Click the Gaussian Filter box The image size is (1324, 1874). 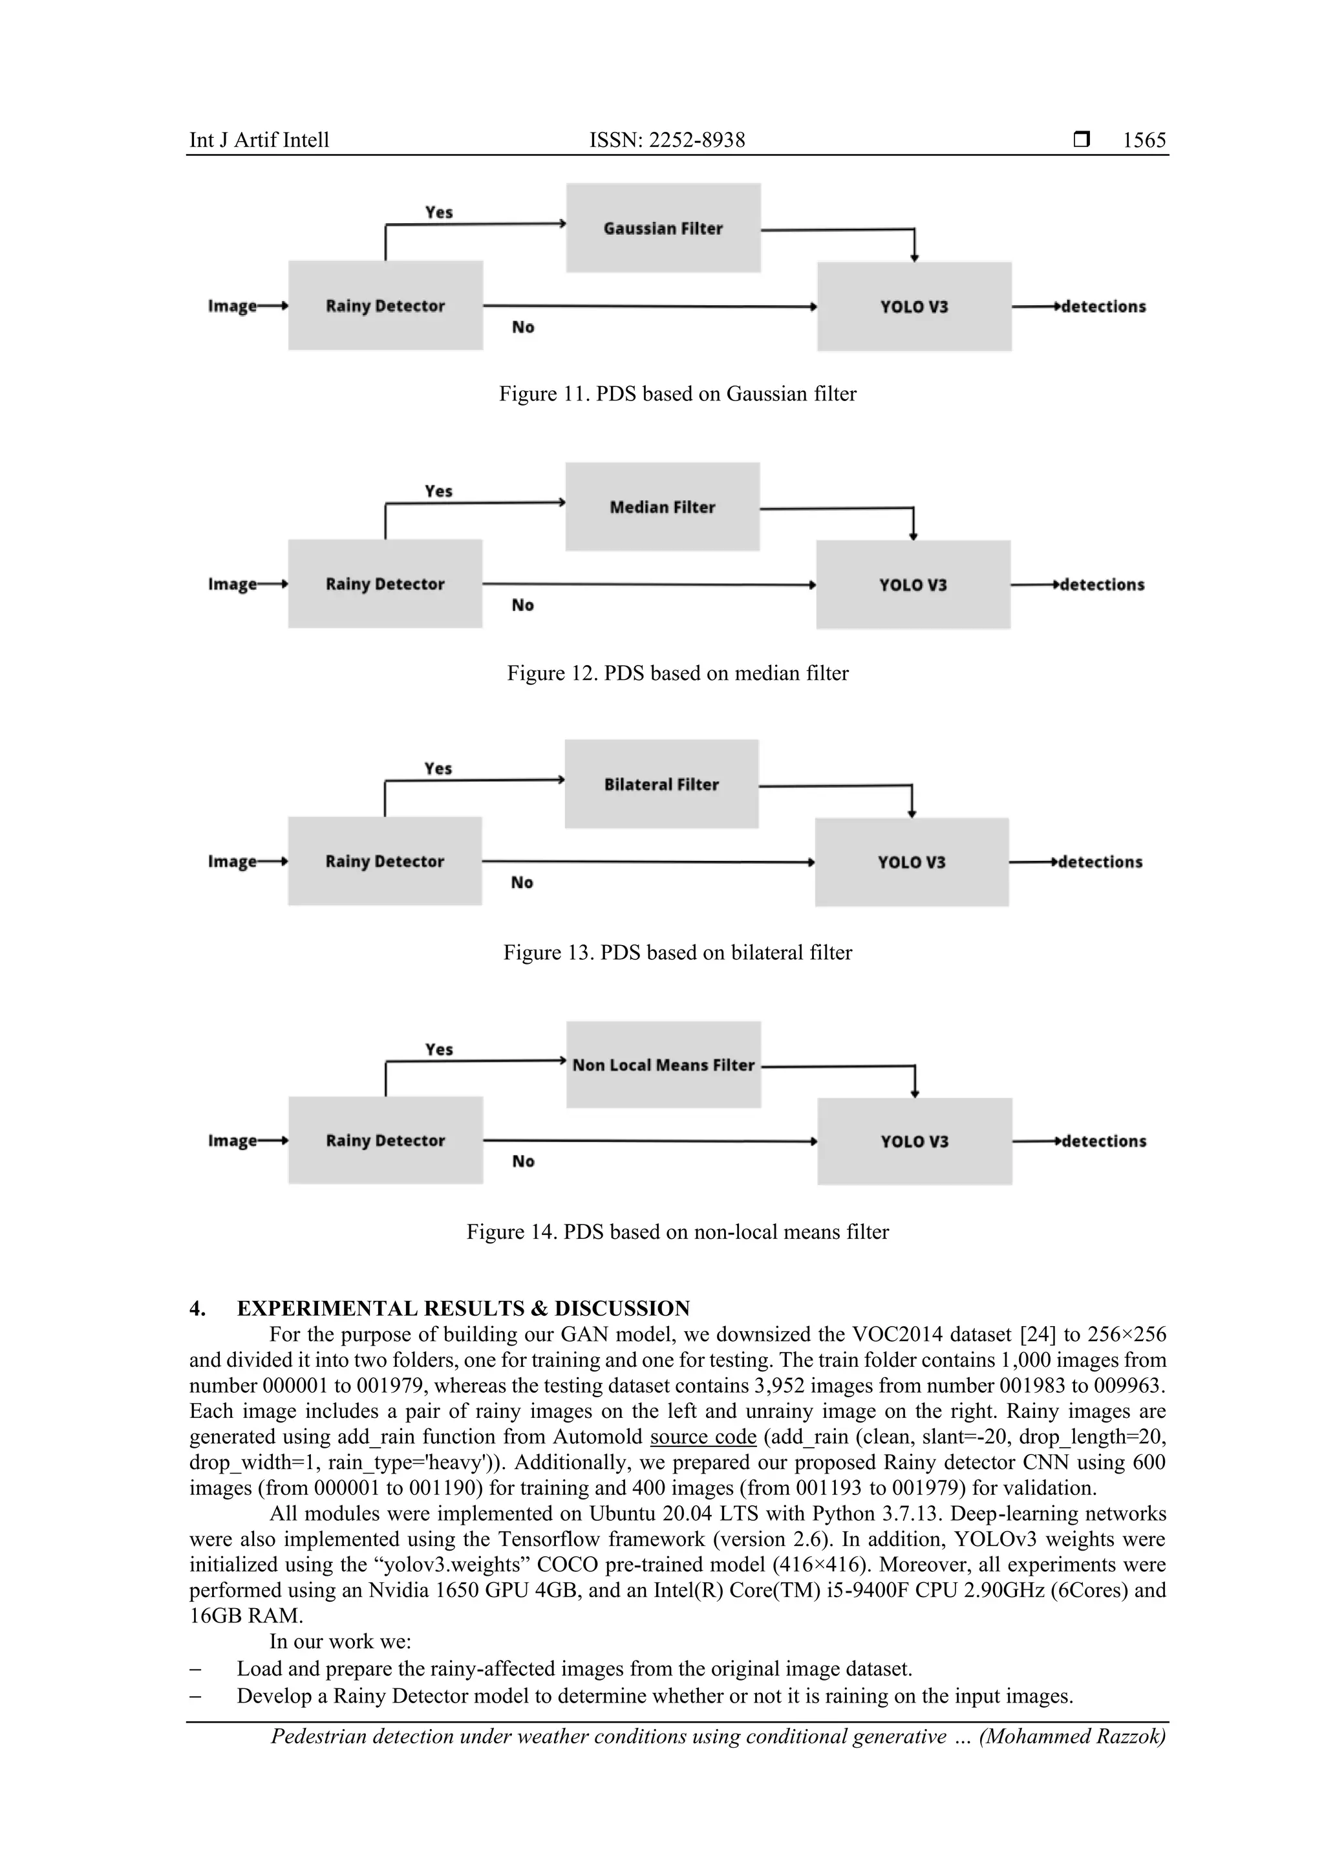tap(663, 228)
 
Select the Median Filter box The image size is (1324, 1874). tap(663, 507)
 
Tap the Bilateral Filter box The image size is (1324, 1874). tap(661, 785)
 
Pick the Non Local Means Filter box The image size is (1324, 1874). tap(663, 1064)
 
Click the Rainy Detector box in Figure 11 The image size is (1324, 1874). tap(385, 306)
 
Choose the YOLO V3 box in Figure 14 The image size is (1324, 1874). tap(915, 1141)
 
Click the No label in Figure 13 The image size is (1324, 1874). tap(522, 882)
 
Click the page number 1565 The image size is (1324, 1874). tap(1144, 140)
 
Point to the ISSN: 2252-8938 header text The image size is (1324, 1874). tap(667, 140)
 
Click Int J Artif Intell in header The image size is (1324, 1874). tap(259, 140)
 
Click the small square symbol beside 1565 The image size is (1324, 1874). tap(1082, 140)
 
